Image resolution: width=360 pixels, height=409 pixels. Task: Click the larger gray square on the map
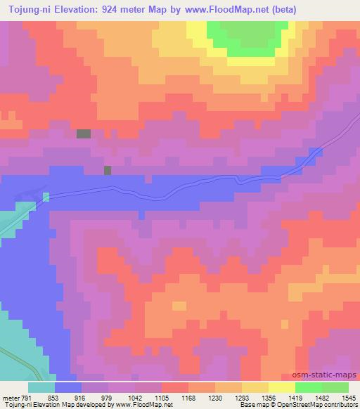(x=84, y=134)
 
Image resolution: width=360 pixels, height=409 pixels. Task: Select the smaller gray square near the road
(x=108, y=170)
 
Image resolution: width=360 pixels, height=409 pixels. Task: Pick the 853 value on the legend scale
(x=53, y=397)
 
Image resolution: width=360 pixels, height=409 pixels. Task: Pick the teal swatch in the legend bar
(x=41, y=387)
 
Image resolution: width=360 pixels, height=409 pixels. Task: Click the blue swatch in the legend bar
(x=68, y=387)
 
